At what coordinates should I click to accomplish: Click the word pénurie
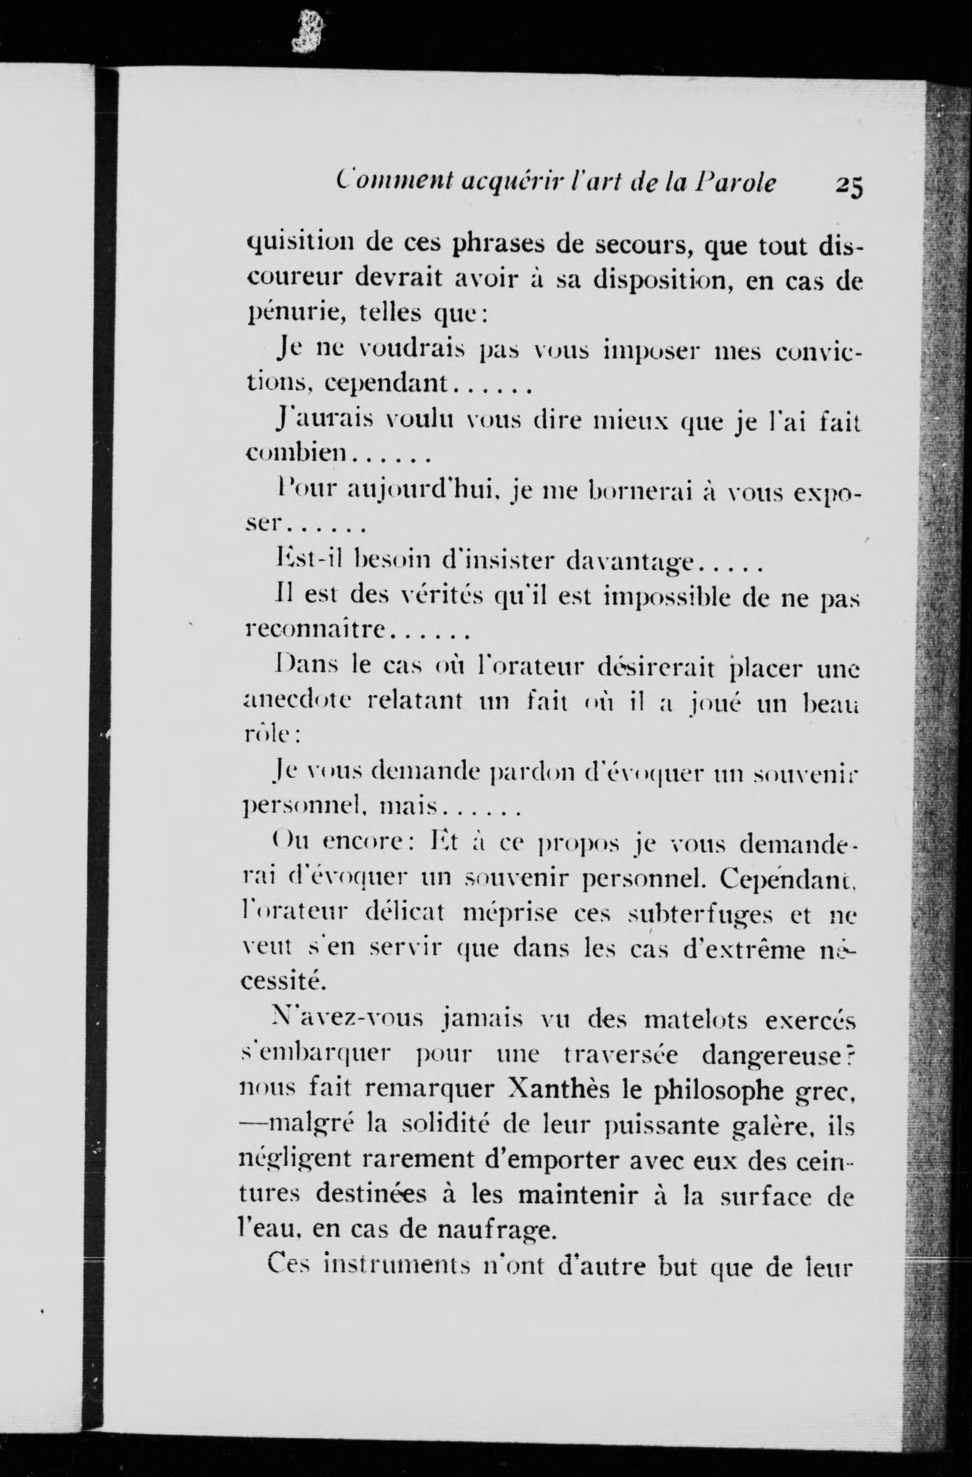point(294,313)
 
